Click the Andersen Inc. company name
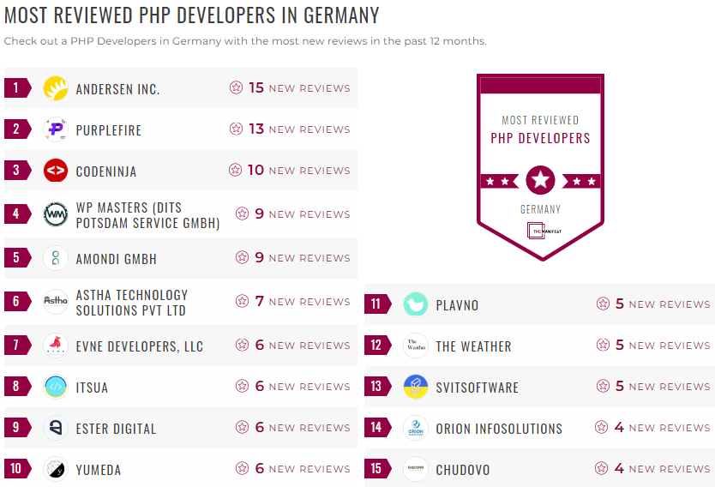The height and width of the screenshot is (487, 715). coord(117,89)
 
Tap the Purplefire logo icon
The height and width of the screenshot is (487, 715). coord(56,129)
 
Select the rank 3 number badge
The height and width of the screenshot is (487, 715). coord(16,171)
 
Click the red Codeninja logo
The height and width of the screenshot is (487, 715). coord(56,171)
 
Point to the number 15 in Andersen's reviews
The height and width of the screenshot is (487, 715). coord(256,87)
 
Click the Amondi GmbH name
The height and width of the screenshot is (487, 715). coord(116,259)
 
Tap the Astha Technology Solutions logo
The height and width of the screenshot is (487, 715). coord(56,302)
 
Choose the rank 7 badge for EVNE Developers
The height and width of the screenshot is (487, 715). coord(16,346)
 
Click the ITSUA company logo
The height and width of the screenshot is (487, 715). coord(56,387)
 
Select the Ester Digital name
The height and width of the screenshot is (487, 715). coord(116,429)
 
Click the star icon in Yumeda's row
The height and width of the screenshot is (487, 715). coord(243,468)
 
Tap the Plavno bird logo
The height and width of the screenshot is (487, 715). coord(416,304)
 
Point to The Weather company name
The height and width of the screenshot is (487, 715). coord(473,346)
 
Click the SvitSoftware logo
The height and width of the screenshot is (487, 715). coord(416,387)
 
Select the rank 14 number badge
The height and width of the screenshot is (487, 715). coord(376,428)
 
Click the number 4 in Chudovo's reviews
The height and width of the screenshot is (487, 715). coord(619,468)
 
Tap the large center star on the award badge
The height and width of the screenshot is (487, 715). coord(540,180)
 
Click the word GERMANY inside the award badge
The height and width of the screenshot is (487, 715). coord(540,209)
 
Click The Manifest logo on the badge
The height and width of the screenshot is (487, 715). coord(540,231)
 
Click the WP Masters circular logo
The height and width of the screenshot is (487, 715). coord(56,214)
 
